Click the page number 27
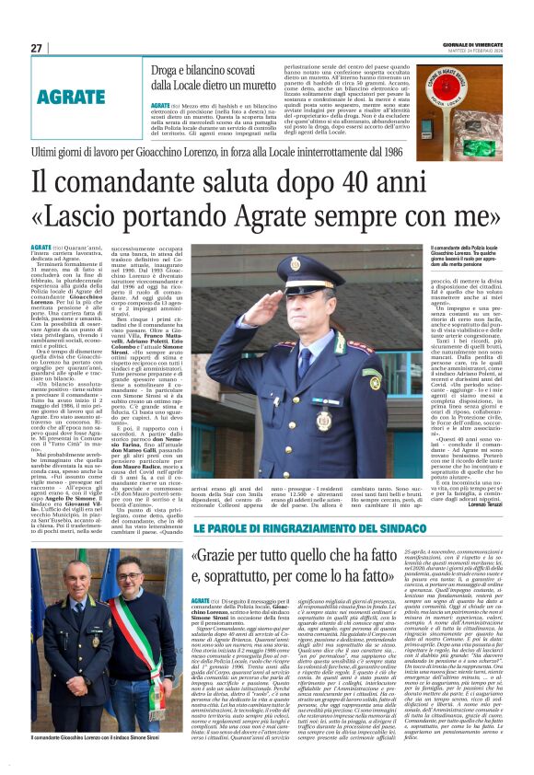[x=37, y=47]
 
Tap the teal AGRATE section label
[x=72, y=97]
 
